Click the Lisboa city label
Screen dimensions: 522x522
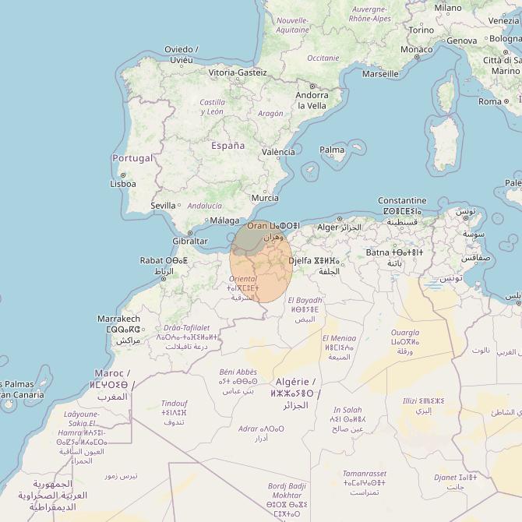click(123, 184)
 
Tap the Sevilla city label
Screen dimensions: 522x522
click(163, 206)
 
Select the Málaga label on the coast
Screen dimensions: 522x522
click(225, 220)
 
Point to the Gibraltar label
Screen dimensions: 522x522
click(189, 241)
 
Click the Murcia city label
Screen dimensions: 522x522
click(265, 198)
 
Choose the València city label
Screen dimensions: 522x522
click(278, 152)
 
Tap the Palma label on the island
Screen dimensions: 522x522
click(332, 150)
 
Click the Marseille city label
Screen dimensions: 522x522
click(380, 75)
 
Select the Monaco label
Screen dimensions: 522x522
click(416, 49)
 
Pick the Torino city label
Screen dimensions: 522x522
click(421, 30)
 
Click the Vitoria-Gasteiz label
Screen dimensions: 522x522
click(238, 72)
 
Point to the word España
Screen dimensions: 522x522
click(227, 146)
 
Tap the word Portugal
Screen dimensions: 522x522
click(133, 158)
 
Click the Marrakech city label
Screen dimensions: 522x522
click(118, 319)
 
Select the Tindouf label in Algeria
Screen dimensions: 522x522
click(174, 404)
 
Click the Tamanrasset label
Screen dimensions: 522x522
click(364, 473)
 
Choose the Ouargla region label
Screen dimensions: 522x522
click(404, 333)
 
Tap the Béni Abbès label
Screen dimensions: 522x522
click(238, 372)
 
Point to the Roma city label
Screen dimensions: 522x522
click(490, 101)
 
